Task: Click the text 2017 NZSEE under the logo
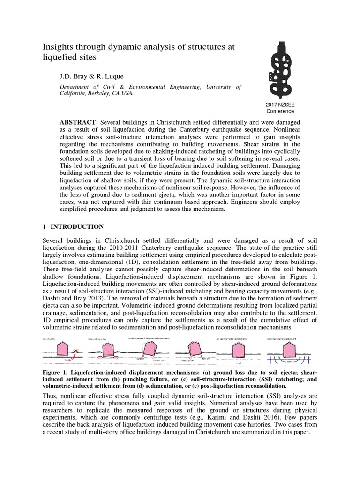280,105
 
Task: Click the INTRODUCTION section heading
77,226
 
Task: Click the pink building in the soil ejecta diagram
62,348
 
